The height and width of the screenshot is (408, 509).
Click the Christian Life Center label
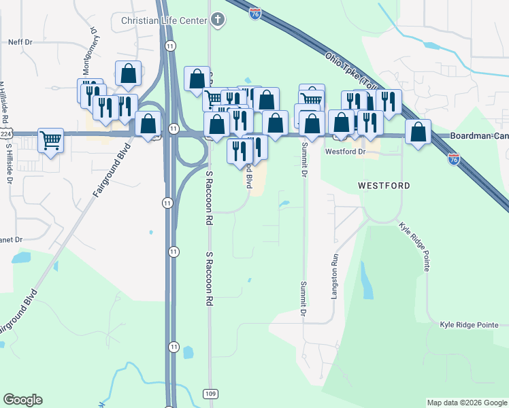coord(163,20)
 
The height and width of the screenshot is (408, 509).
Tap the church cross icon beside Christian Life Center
coord(217,20)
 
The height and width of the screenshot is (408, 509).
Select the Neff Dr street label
coord(20,42)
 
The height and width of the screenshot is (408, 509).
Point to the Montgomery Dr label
coord(88,52)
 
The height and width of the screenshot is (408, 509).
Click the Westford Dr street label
coord(346,152)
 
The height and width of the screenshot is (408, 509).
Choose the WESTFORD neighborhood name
coord(384,186)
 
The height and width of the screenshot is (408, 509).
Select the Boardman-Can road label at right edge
coord(479,136)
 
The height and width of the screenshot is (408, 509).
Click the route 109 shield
coord(210,394)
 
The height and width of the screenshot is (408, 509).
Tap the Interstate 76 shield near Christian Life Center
coord(255,14)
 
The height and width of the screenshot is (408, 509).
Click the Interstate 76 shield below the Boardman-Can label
coord(454,159)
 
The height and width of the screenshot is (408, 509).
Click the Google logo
coord(22,400)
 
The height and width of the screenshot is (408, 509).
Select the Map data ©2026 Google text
coord(467,403)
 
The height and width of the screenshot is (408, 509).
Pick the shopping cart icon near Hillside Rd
coord(51,139)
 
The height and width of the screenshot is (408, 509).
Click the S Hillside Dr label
coord(10,163)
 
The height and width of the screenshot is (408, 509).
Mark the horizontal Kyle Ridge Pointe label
coord(469,325)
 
